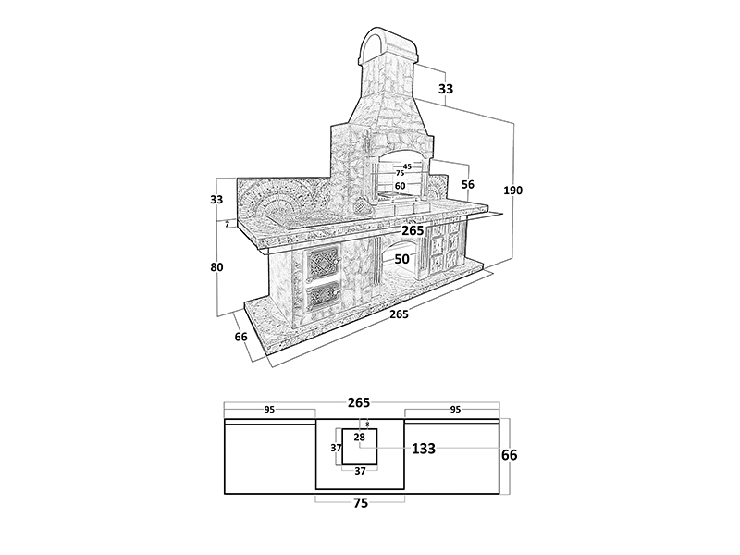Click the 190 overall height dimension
tap(512, 191)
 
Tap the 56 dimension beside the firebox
tap(468, 185)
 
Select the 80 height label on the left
tap(216, 267)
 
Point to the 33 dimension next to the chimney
tap(446, 90)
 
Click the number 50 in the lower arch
tap(401, 259)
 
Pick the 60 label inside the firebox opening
tap(401, 186)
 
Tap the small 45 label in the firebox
tap(407, 166)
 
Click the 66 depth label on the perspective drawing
tap(241, 338)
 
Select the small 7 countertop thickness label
tap(227, 224)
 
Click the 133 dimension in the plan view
tap(424, 449)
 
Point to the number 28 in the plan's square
tap(360, 438)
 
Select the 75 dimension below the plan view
tap(361, 503)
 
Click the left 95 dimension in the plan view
tap(269, 409)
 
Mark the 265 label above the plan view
tap(359, 402)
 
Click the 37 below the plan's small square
tap(361, 471)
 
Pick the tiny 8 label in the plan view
tap(366, 425)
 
